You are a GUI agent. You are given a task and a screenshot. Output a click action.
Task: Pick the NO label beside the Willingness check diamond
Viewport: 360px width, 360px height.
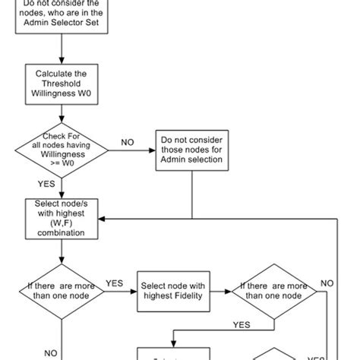(x=128, y=142)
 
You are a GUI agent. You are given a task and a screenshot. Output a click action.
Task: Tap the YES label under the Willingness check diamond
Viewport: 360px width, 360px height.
(x=46, y=184)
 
